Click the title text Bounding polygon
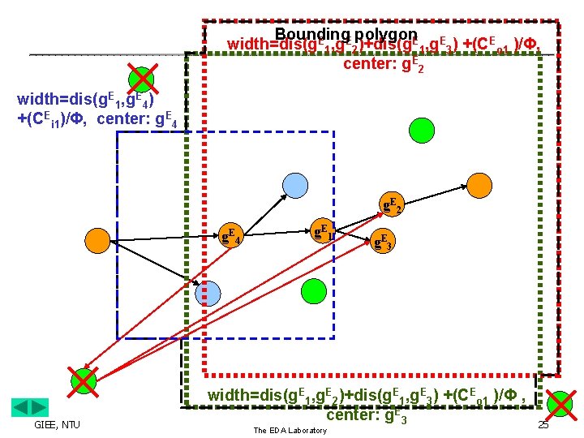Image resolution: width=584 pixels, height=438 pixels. coord(346,34)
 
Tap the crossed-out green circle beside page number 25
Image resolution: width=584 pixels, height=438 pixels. coord(560,403)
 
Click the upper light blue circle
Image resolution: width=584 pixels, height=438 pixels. coord(295,186)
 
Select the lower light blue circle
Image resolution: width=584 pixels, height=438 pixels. coord(207,293)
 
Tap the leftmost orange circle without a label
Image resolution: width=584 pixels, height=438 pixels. coord(97,240)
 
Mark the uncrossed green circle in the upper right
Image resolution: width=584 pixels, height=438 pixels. coord(422,129)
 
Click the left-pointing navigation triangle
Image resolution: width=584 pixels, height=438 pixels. coord(21,408)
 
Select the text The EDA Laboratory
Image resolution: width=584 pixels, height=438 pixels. coord(290,430)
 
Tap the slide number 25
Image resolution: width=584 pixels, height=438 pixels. coord(543,425)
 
